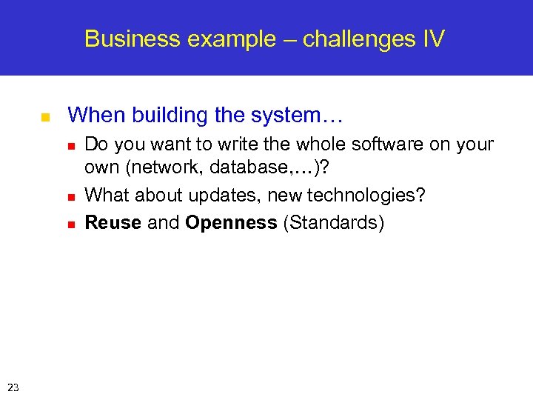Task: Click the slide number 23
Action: tap(13, 386)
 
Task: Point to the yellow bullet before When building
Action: tap(44, 117)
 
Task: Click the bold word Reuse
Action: tap(113, 223)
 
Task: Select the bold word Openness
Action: tap(231, 223)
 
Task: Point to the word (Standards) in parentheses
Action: tap(334, 224)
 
